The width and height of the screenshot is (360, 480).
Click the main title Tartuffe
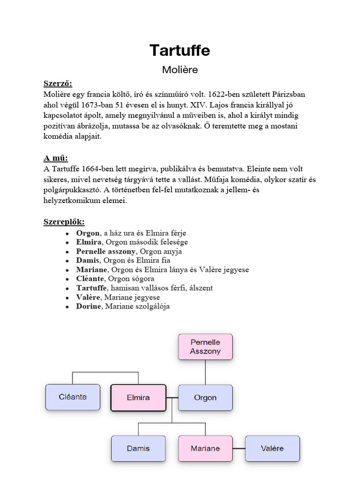tap(180, 50)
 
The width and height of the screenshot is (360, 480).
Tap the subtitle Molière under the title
tap(180, 70)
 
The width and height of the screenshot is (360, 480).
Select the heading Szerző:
tap(58, 84)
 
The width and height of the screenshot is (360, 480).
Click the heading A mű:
tap(55, 158)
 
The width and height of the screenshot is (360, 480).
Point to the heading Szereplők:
tap(64, 222)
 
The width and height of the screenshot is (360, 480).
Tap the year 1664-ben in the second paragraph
tap(101, 169)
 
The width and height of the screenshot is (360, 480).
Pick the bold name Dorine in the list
tap(89, 307)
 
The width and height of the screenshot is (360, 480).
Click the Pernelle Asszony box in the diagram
tap(205, 347)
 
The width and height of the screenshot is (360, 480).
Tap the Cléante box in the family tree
tap(73, 397)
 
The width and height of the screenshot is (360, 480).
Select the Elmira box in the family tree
tap(138, 398)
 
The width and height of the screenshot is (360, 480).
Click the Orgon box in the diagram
tap(205, 398)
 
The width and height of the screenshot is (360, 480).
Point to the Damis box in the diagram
tap(138, 449)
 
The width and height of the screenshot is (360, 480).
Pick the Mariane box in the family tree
tap(205, 449)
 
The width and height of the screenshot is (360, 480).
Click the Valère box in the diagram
tap(272, 449)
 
